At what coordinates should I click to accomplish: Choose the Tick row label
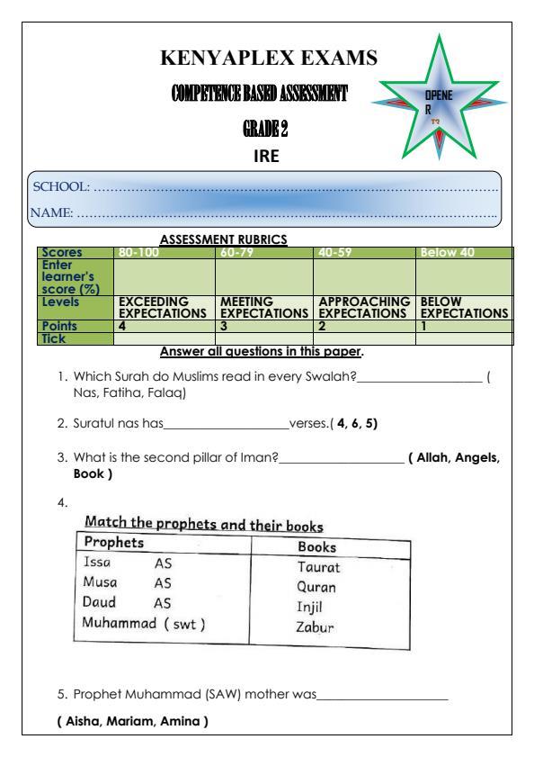48,338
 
